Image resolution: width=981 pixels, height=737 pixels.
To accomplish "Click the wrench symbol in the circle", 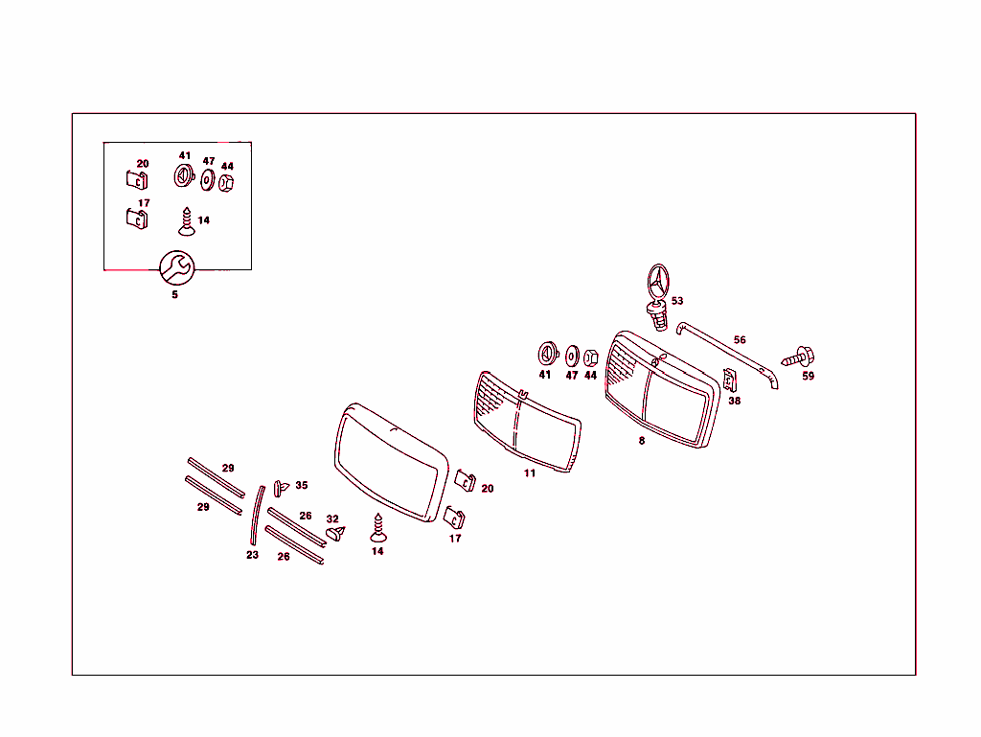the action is tap(177, 267).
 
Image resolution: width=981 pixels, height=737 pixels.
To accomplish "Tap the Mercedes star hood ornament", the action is tap(657, 296).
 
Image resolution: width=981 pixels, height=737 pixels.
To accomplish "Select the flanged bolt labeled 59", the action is tap(798, 357).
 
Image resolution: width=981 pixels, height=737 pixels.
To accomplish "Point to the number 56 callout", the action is tap(740, 339).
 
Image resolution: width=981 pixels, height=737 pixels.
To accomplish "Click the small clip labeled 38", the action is tap(729, 380).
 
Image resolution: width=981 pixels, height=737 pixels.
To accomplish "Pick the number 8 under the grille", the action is tap(641, 441).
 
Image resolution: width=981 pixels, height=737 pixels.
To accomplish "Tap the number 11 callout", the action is tap(529, 473).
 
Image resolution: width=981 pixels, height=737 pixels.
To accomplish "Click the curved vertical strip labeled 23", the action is tap(257, 515).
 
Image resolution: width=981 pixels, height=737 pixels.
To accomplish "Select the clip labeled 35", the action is tap(281, 488).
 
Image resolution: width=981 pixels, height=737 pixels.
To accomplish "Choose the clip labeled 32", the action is tap(335, 534).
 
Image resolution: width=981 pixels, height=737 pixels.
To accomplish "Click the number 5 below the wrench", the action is tap(174, 294).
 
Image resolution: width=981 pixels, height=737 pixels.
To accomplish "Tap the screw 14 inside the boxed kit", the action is tap(187, 222).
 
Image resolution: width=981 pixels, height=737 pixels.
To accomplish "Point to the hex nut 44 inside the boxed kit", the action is tap(226, 183).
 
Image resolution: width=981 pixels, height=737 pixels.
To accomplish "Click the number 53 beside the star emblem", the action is tap(677, 301).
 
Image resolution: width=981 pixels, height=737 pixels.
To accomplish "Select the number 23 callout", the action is tap(252, 555).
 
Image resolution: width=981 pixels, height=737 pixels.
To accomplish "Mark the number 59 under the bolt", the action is tap(808, 376).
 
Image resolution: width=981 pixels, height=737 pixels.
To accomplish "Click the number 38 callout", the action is tap(735, 401).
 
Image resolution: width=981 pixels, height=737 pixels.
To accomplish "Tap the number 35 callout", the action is tap(302, 485).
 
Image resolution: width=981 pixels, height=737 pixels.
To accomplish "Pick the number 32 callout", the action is tap(332, 518).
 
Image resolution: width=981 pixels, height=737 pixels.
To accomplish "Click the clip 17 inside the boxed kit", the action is tap(137, 219).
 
